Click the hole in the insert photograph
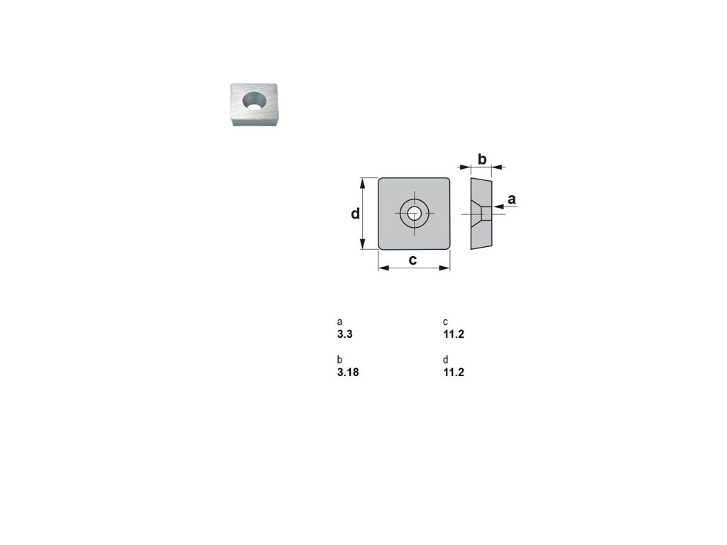tap(255, 100)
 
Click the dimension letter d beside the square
tap(355, 214)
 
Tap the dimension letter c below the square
tap(412, 260)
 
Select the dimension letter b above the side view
tap(482, 159)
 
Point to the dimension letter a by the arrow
tap(511, 199)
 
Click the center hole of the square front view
tap(414, 214)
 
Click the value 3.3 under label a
tap(345, 334)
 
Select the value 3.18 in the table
tap(348, 372)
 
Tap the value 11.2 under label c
tap(454, 334)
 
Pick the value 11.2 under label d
tap(454, 372)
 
